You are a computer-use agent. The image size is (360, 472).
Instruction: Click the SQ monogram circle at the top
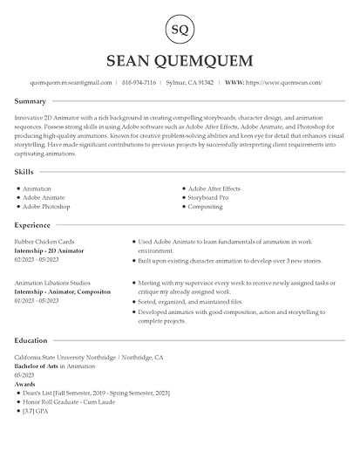(x=180, y=31)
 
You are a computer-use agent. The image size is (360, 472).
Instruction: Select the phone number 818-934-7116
(x=139, y=82)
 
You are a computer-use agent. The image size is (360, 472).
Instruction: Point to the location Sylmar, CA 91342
(x=189, y=82)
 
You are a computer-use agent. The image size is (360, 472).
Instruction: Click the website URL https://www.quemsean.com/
(x=285, y=82)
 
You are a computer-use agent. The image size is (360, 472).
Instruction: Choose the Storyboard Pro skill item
(x=212, y=197)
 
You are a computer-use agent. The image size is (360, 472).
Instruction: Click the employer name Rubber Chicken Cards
(x=45, y=242)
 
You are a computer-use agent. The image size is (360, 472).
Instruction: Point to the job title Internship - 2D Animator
(x=49, y=250)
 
